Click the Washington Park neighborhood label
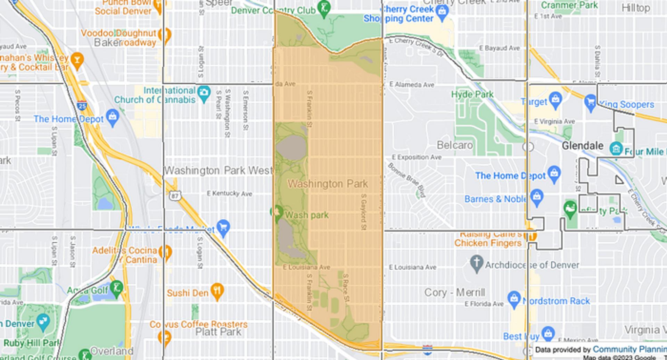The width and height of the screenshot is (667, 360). pos(327,184)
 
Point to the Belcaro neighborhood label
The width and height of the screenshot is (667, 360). pos(455,145)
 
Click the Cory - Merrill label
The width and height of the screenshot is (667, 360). pos(454,292)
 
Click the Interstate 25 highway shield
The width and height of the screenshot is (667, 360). pos(82,105)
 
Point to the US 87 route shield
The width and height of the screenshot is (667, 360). pos(174,196)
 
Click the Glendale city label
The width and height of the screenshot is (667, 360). pos(583,145)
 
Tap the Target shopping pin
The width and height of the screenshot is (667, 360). pos(555,99)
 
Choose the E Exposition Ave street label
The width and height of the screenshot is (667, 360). pos(417,157)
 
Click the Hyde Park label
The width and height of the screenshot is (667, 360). pos(472,94)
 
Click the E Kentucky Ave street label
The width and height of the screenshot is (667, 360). pos(229,193)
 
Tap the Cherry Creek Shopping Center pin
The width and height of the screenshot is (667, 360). pos(442,13)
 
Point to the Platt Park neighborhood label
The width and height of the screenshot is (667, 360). pos(218,332)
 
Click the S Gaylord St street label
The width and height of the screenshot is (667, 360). pos(363,211)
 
